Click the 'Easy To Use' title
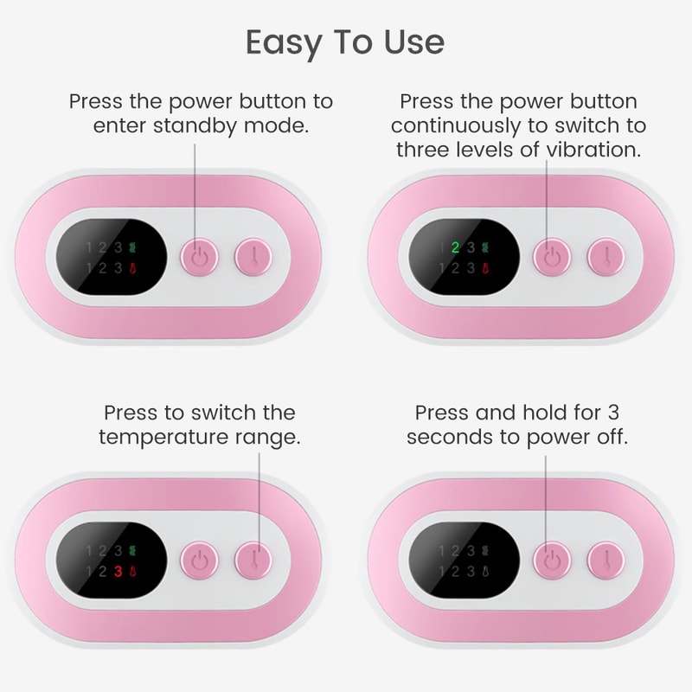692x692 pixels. pos(345,41)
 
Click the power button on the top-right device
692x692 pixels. pos(552,257)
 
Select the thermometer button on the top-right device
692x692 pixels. pos(606,257)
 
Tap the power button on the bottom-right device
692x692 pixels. pos(552,561)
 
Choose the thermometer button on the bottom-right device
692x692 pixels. pos(606,561)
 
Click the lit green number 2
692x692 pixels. pos(455,247)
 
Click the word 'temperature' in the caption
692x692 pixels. pos(172,437)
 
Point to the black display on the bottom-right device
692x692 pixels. pos(459,561)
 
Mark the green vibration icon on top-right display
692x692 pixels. pos(485,247)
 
